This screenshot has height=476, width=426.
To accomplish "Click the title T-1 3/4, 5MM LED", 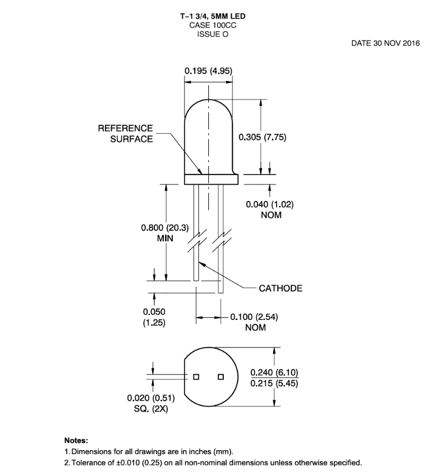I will pyautogui.click(x=212, y=16).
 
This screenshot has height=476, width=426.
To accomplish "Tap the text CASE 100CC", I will pyautogui.click(x=212, y=25).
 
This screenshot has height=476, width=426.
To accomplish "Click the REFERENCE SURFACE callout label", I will pyautogui.click(x=125, y=134).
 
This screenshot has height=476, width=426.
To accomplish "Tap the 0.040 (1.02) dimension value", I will pyautogui.click(x=270, y=204).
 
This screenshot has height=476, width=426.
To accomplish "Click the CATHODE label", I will pyautogui.click(x=281, y=289).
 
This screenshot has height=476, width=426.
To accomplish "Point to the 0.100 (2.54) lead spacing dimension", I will pyautogui.click(x=254, y=317).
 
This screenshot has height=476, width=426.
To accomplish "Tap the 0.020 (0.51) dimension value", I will pyautogui.click(x=151, y=399).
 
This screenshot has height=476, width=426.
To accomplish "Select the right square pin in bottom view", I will pyautogui.click(x=221, y=376).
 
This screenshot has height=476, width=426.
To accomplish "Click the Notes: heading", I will pyautogui.click(x=76, y=441).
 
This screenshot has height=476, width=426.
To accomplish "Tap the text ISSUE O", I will pyautogui.click(x=212, y=34).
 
